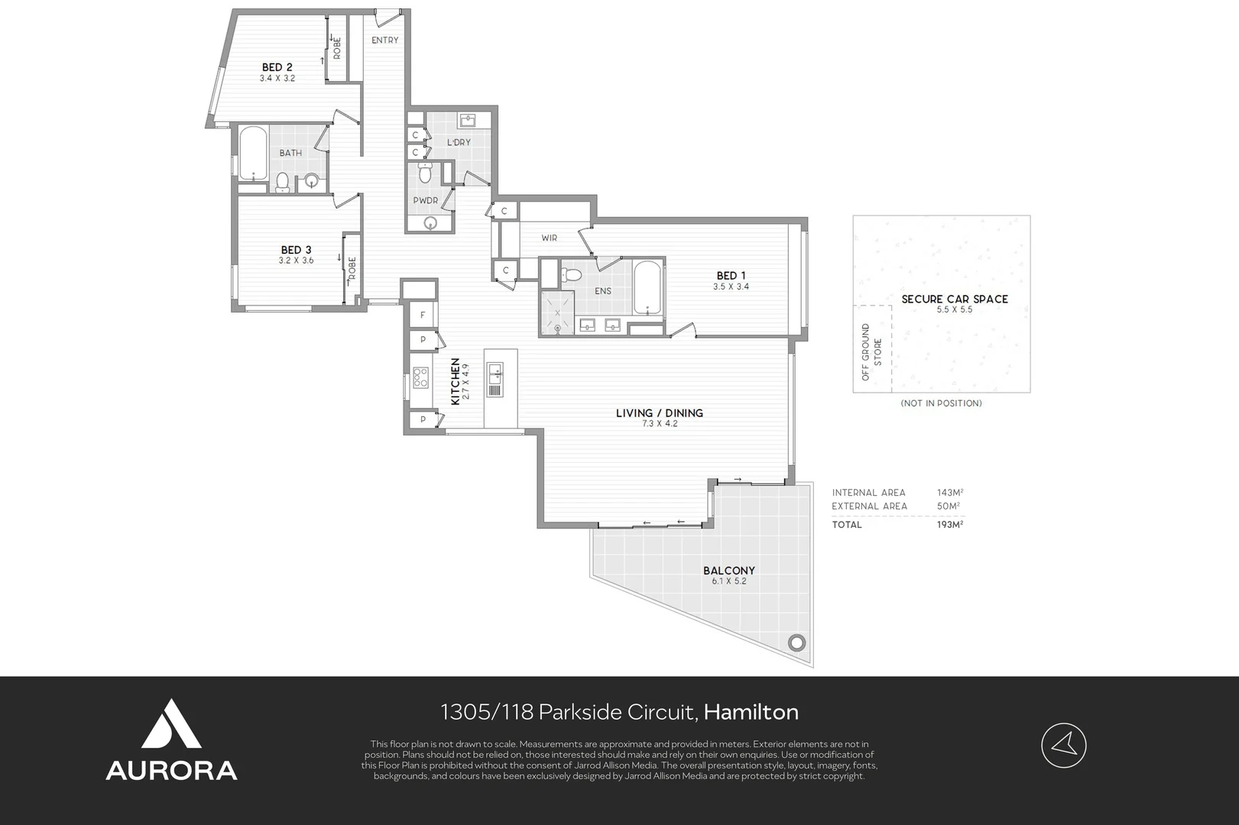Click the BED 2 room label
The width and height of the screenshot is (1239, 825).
277,67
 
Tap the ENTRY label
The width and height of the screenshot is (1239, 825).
385,40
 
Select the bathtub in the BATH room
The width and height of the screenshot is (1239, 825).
253,154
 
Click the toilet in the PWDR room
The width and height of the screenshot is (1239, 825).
425,173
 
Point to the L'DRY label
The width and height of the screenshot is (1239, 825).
459,142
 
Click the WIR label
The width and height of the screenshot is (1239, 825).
550,238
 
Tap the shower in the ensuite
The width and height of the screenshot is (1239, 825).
557,313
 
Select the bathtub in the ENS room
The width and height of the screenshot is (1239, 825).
647,288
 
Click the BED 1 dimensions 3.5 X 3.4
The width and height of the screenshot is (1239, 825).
731,286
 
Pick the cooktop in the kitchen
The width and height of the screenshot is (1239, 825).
420,377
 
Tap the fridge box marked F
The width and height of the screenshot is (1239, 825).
423,315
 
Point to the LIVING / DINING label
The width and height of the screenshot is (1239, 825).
660,413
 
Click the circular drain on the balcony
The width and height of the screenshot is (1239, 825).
796,643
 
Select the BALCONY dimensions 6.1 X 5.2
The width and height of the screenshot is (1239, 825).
729,581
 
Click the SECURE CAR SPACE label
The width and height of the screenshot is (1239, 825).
955,299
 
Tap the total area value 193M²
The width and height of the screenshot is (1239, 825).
950,524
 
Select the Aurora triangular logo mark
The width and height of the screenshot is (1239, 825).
171,724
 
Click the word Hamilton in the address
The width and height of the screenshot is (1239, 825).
751,712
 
